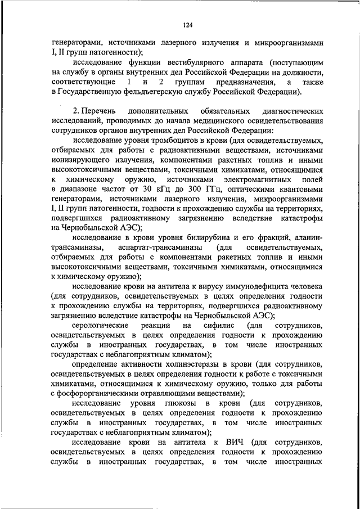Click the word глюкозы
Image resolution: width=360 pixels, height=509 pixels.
coord(177,404)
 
